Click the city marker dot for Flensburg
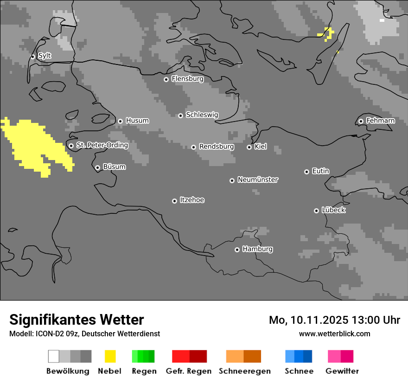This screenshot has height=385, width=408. point(166,79)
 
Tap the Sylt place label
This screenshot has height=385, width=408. point(45,56)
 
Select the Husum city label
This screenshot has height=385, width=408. point(137,121)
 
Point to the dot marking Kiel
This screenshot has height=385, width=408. point(249,147)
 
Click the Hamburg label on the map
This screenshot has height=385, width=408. point(257,249)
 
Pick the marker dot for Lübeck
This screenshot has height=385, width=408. point(316,211)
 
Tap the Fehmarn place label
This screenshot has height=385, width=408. point(380,121)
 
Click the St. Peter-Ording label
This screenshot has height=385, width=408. point(102,145)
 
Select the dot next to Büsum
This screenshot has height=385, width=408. point(97,167)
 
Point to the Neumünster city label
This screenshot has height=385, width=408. point(258,180)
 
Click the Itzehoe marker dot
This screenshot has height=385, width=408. point(174,201)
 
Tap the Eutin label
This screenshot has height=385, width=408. point(320,171)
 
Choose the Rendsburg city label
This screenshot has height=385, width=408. point(217,147)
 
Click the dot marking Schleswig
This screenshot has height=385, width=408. point(180,115)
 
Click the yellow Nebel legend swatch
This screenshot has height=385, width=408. point(110,356)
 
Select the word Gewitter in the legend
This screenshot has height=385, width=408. point(342,371)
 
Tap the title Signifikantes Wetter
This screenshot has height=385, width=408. point(76,320)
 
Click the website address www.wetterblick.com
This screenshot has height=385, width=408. point(334,334)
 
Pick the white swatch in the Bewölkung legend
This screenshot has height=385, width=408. point(54,356)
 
